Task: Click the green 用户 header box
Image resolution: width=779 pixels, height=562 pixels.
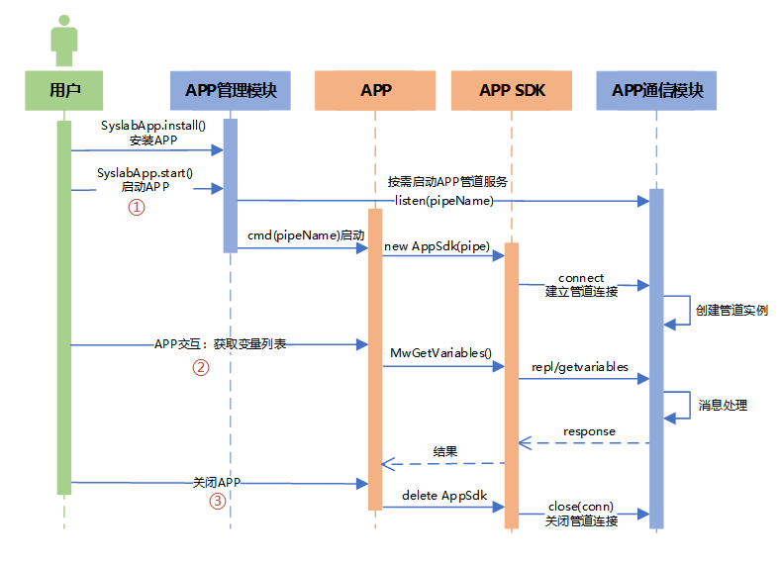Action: pyautogui.click(x=64, y=90)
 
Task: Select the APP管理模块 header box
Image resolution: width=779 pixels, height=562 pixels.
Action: pyautogui.click(x=230, y=90)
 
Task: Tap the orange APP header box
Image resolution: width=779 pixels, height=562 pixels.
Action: pyautogui.click(x=375, y=90)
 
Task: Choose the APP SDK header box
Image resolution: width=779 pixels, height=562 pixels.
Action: pyautogui.click(x=512, y=90)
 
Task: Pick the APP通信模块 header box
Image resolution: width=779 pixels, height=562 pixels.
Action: pyautogui.click(x=657, y=90)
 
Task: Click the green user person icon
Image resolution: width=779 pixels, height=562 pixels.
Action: pyautogui.click(x=64, y=38)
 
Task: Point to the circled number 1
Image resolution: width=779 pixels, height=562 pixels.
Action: pyautogui.click(x=138, y=207)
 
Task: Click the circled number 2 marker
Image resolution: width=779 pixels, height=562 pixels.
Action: pyautogui.click(x=200, y=367)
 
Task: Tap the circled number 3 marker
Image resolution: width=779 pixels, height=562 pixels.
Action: pyautogui.click(x=217, y=502)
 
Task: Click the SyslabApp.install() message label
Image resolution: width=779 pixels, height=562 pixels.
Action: pyautogui.click(x=152, y=127)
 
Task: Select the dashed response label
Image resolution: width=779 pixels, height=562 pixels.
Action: pyautogui.click(x=589, y=431)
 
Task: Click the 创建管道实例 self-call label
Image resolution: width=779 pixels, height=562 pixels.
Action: pyautogui.click(x=731, y=310)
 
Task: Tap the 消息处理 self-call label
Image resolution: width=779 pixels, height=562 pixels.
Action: pyautogui.click(x=723, y=405)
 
